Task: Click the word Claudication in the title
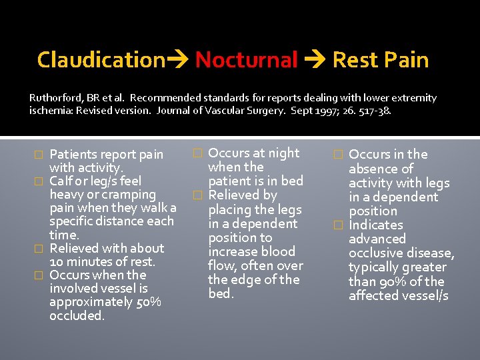pyautogui.click(x=101, y=60)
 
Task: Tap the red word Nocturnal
pyautogui.click(x=246, y=60)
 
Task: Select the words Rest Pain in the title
pyautogui.click(x=380, y=60)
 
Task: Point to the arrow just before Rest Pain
pyautogui.click(x=315, y=61)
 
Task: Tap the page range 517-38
pyautogui.click(x=375, y=111)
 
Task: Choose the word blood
pyautogui.click(x=278, y=251)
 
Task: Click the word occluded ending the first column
pyautogui.click(x=77, y=316)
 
